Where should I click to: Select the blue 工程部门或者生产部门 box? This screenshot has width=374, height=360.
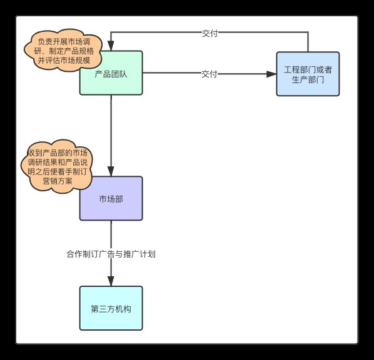click(308, 74)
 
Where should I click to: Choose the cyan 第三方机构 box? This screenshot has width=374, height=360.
click(111, 308)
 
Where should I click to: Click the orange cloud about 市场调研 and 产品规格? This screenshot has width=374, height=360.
click(64, 51)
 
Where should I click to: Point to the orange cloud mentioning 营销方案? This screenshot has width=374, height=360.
click(58, 167)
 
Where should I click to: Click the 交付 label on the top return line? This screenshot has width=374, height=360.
click(210, 33)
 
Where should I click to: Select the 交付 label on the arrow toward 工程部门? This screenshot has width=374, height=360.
click(209, 74)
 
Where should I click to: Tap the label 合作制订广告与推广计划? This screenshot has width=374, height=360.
click(111, 254)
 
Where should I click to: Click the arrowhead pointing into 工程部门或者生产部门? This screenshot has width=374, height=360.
click(271, 74)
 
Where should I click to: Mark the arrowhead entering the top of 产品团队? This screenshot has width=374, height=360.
click(111, 46)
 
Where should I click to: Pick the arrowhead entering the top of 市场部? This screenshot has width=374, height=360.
click(111, 171)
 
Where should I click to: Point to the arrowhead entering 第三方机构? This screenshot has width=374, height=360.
click(111, 281)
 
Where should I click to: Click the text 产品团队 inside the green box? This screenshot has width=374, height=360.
click(111, 74)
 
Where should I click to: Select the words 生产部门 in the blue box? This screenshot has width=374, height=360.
click(308, 79)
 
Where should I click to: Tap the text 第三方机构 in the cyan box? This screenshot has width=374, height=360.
click(111, 309)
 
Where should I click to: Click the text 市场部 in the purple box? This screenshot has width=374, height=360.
click(111, 199)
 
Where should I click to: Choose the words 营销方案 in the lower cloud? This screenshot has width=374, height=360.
click(58, 181)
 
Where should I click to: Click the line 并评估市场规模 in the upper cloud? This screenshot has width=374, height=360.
click(64, 61)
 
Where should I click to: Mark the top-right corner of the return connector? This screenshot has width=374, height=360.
click(308, 32)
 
